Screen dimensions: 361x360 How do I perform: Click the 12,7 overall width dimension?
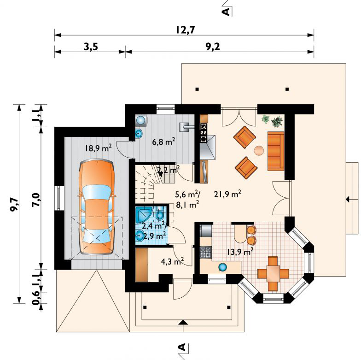[x=186, y=30]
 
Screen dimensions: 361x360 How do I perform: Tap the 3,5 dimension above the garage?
[x=91, y=47]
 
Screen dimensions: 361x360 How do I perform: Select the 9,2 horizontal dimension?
[x=212, y=47]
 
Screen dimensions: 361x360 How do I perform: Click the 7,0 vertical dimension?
[x=36, y=199]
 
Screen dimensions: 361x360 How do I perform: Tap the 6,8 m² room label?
[x=164, y=141]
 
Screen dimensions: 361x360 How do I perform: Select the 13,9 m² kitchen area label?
[x=239, y=252]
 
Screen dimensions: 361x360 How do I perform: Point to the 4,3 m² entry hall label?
[x=172, y=261]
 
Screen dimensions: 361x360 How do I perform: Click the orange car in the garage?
[x=97, y=207]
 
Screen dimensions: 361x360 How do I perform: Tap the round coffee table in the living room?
[x=259, y=151]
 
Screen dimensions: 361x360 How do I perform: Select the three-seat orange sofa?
[x=275, y=151]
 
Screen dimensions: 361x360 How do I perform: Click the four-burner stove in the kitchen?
[x=205, y=252]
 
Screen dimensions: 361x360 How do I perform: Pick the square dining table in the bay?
[x=273, y=274]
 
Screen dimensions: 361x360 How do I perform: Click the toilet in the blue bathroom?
[x=160, y=213]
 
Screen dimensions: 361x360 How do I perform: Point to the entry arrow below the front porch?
[x=183, y=323]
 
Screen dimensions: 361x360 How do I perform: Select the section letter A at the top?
[x=227, y=11]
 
